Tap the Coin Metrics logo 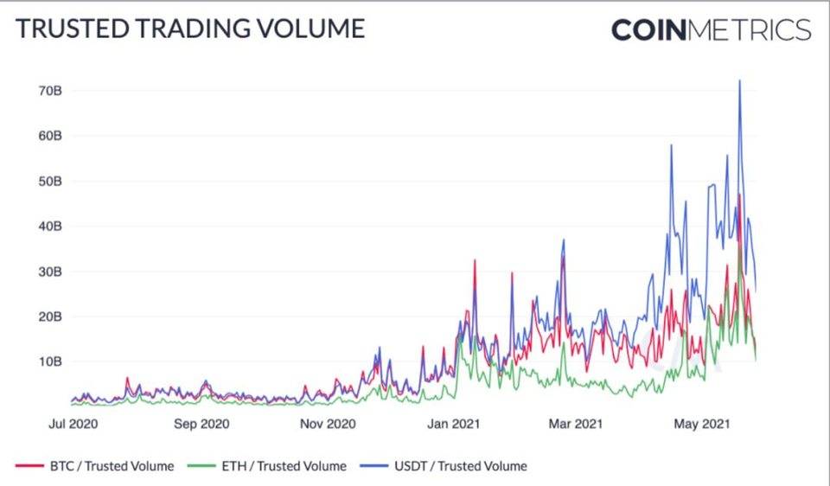tap(711, 29)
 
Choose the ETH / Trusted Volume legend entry tap(269, 466)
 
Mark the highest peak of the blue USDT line tap(739, 81)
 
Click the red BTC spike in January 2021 tap(475, 260)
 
